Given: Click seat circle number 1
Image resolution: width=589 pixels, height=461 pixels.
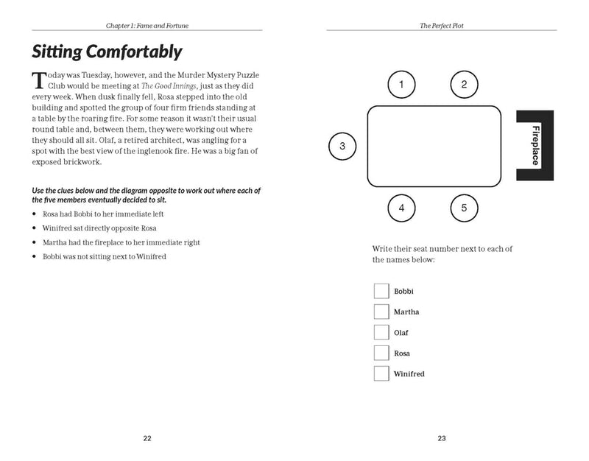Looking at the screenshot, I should pyautogui.click(x=401, y=85).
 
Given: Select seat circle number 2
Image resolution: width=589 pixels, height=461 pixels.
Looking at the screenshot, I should pyautogui.click(x=464, y=85).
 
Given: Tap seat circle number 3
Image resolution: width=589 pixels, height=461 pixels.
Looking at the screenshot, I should pyautogui.click(x=342, y=146).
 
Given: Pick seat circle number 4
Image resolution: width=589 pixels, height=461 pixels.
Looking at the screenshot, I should pyautogui.click(x=401, y=208).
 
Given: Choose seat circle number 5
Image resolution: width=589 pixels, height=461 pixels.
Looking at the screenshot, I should pyautogui.click(x=464, y=208).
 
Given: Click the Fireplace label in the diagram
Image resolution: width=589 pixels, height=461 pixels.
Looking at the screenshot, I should pyautogui.click(x=535, y=145).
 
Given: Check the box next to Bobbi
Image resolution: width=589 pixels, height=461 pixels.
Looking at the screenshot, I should pyautogui.click(x=381, y=291).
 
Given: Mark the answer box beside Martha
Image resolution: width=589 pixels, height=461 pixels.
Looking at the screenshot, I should pyautogui.click(x=381, y=312).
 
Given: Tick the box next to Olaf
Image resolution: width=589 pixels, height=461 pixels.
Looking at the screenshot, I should pyautogui.click(x=381, y=332).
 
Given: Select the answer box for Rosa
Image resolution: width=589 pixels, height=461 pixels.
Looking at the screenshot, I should pyautogui.click(x=381, y=353).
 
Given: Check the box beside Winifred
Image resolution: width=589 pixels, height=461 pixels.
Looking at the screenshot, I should pyautogui.click(x=381, y=373).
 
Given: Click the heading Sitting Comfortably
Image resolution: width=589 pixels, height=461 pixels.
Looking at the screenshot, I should pyautogui.click(x=107, y=52).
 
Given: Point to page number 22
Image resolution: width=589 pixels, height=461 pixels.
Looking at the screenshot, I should pyautogui.click(x=147, y=438).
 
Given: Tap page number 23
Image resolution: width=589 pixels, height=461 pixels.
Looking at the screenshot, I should pyautogui.click(x=442, y=438).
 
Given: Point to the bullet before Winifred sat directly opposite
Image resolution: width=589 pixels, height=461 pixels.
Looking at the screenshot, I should pyautogui.click(x=35, y=228).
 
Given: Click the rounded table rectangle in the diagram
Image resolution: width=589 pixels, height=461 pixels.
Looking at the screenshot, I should pyautogui.click(x=434, y=146).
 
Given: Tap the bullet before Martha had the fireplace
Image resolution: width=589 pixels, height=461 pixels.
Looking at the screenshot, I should pyautogui.click(x=35, y=242).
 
